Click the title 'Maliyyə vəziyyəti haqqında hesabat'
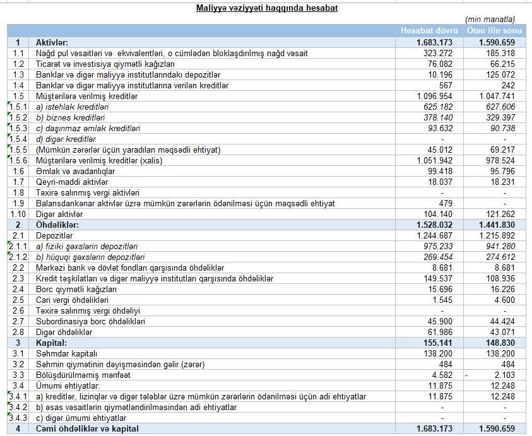coord(266,8)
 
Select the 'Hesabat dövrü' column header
coord(430,31)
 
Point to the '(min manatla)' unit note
coord(490,20)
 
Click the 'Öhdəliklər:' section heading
coord(57,225)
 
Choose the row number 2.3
coord(18,278)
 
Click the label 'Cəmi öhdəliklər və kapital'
coord(85,429)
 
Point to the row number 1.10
coord(18,214)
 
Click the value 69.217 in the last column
coord(503,150)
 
